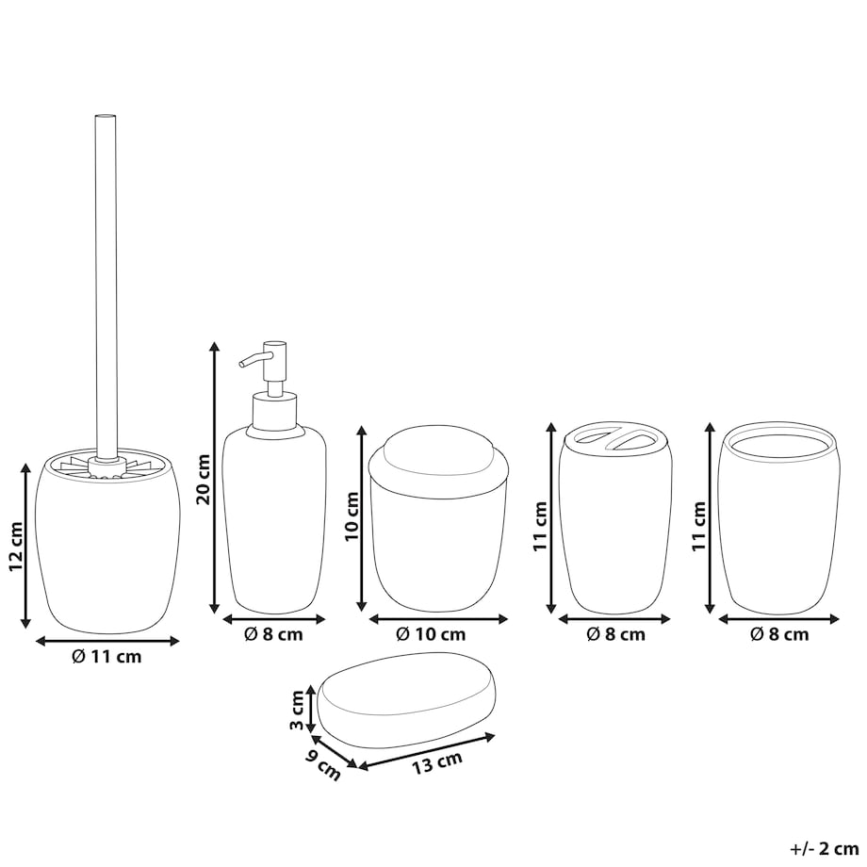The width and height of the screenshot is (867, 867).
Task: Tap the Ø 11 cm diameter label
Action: click(x=106, y=656)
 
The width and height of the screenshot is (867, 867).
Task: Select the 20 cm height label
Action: click(x=204, y=479)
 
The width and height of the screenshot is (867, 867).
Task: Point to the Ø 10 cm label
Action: click(x=431, y=633)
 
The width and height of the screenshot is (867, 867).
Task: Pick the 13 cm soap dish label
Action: click(x=437, y=763)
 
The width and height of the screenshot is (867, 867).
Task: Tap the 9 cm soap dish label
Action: click(x=323, y=764)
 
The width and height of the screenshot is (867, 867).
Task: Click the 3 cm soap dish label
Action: click(x=297, y=710)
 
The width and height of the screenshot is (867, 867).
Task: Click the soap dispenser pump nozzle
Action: click(x=252, y=359)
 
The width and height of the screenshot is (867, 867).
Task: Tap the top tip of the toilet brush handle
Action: click(x=106, y=115)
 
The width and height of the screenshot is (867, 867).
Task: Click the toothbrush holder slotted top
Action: click(x=616, y=439)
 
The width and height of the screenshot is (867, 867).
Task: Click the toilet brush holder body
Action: click(x=107, y=543)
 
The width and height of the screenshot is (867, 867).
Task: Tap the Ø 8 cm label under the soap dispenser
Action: click(x=273, y=633)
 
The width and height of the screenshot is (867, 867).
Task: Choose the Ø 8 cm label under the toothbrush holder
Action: click(x=615, y=633)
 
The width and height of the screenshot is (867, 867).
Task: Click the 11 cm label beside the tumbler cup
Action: click(x=699, y=526)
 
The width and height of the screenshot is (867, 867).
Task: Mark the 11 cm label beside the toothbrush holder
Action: click(x=540, y=526)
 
